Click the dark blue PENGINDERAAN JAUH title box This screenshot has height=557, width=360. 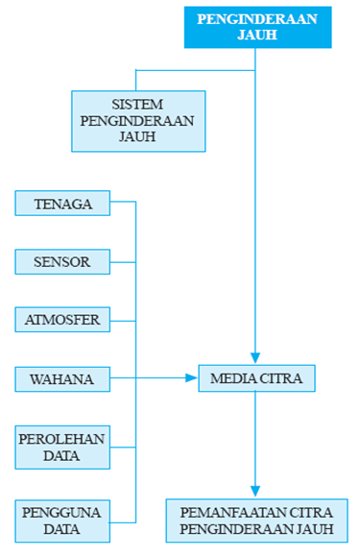257,26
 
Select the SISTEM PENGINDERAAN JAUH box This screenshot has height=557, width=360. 138,121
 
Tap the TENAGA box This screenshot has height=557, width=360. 62,204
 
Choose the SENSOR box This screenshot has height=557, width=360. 62,261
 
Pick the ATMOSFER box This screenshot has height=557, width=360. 62,319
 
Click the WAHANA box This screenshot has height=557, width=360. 62,378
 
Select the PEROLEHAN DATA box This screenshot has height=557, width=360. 62,447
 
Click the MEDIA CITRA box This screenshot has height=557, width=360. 256,378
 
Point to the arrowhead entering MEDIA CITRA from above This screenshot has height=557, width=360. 256,358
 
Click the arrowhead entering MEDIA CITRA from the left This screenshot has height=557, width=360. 191,378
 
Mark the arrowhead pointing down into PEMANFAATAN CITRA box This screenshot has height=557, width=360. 256,492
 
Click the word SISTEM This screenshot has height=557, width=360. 138,104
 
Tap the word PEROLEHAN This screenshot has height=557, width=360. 62,438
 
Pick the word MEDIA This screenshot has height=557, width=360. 231,378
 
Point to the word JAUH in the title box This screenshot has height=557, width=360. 257,35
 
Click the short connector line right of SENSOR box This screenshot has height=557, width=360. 122,261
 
